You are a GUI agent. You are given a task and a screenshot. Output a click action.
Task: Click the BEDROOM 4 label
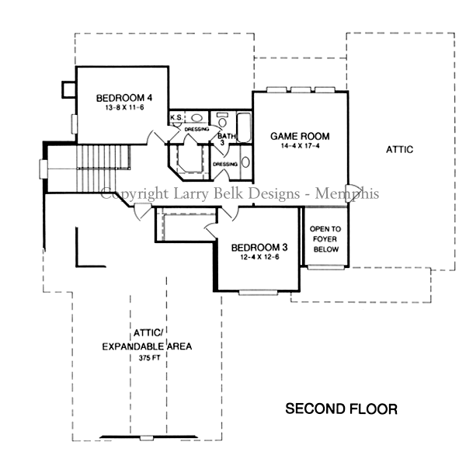click(124, 98)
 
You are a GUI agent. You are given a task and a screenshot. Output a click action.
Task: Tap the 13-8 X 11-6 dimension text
click(124, 109)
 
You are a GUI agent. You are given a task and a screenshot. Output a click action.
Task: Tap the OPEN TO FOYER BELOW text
click(325, 239)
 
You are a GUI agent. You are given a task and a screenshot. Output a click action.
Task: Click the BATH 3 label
click(224, 138)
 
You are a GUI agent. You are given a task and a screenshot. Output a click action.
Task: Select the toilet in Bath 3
click(222, 120)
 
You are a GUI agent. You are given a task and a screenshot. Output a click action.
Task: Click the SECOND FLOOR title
click(341, 409)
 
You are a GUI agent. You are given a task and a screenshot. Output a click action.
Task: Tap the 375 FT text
click(151, 359)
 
